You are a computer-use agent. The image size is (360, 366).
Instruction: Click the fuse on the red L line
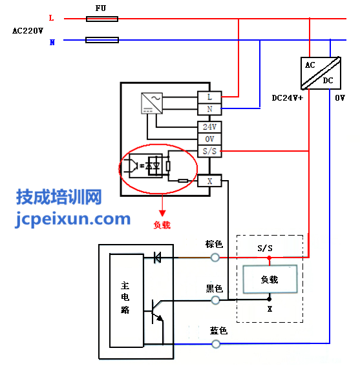coord(102,19)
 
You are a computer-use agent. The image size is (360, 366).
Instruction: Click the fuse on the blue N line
coord(102,40)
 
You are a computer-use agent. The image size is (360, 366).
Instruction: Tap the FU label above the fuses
coord(101,8)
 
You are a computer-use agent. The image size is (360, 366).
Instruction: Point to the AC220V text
coord(28,30)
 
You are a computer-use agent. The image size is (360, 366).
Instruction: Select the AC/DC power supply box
coord(321,73)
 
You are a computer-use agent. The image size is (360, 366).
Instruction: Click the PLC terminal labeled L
coord(209,97)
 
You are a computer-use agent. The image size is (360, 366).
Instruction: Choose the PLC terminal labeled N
coord(209,109)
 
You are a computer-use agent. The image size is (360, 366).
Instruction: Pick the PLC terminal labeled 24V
coord(209,127)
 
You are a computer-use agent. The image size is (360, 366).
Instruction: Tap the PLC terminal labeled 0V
coord(209,139)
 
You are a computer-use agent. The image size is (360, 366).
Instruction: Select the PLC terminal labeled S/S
coord(209,151)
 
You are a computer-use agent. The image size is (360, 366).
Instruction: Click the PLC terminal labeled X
coord(209,181)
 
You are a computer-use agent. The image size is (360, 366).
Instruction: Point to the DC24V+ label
coord(288,98)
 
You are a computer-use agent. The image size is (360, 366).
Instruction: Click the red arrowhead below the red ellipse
coord(162,213)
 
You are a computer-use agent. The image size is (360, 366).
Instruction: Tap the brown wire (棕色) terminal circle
coord(215,258)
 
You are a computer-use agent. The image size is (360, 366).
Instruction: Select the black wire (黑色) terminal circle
coord(215,300)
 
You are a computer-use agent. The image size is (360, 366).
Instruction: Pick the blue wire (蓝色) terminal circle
coord(216,344)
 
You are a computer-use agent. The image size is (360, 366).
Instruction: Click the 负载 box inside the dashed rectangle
coord(270,279)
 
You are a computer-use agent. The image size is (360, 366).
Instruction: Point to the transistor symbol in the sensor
coord(156,312)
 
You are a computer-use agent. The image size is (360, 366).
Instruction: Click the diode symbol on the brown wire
coord(157,258)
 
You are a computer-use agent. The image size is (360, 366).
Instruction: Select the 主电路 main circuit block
coord(127,300)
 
